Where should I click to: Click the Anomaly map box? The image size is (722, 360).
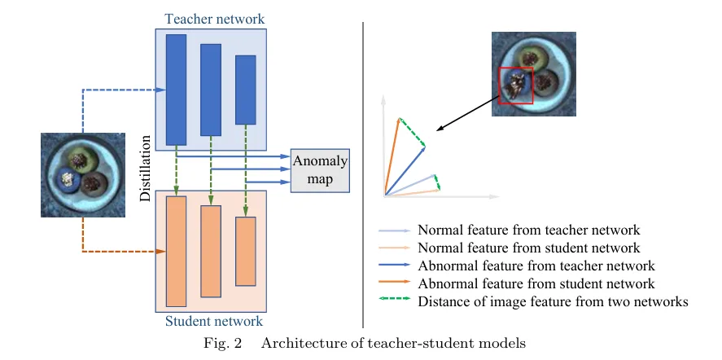[320, 170]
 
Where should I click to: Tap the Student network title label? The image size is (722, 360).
[213, 321]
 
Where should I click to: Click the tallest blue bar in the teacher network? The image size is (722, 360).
[176, 90]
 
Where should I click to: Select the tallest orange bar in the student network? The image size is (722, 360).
[176, 249]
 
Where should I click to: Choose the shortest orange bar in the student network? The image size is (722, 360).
[246, 251]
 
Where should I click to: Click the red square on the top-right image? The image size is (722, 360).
[516, 86]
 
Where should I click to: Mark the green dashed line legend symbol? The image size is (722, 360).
[395, 301]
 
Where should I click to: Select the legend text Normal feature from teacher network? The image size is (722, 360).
[528, 230]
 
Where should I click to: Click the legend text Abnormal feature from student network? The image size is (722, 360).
[536, 283]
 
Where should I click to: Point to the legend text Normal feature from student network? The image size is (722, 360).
[528, 248]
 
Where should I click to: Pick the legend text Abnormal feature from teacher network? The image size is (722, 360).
[536, 266]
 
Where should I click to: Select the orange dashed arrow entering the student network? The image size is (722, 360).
[122, 251]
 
